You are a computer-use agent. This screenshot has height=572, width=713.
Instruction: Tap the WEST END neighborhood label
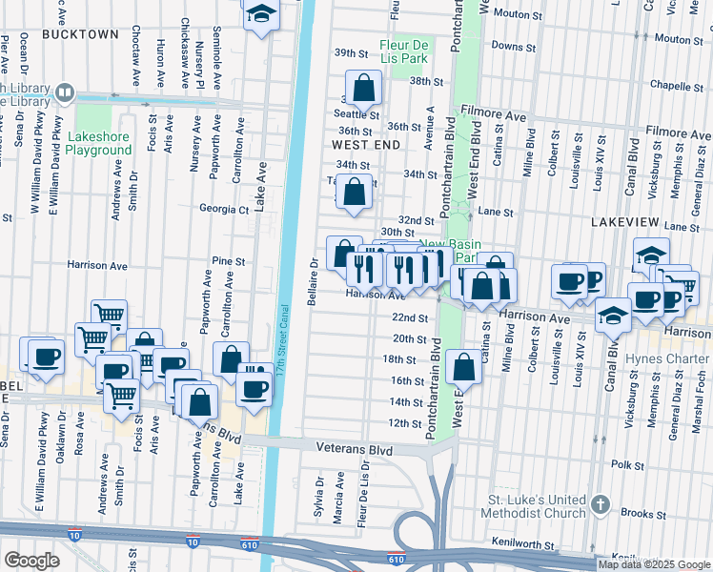tap(365, 144)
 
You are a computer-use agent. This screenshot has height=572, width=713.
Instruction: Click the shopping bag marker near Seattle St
tap(363, 89)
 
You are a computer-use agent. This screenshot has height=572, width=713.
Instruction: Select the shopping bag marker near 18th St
tap(463, 366)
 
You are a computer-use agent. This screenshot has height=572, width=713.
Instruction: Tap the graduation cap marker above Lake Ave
tap(260, 15)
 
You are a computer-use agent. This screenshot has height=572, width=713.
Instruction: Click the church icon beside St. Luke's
tap(600, 501)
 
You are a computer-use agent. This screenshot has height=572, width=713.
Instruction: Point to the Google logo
tap(31, 561)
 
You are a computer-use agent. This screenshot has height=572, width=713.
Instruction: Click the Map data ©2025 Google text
tap(654, 564)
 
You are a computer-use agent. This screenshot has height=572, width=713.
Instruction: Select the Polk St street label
tap(628, 464)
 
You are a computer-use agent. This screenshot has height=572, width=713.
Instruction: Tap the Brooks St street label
tap(664, 512)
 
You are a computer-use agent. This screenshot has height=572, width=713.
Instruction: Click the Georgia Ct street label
tap(222, 209)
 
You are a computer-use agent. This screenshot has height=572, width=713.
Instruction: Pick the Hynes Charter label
tap(667, 359)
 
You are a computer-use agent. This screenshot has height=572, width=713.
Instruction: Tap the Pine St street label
tap(229, 260)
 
